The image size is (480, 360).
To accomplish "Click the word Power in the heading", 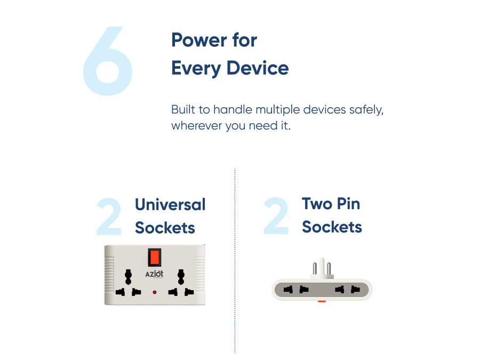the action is point(199,40).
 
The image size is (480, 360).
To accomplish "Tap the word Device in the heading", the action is point(258,68).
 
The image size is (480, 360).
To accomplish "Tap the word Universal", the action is point(170,204).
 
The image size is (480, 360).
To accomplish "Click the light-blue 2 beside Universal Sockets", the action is point(109,216).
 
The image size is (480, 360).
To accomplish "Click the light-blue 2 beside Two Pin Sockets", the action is point(276,215).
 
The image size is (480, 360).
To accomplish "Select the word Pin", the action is point(348,204).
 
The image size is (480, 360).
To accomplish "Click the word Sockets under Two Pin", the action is point(332,227).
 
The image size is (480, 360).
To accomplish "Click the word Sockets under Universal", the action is point(165,228).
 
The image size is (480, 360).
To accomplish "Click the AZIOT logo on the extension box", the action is point(154,274).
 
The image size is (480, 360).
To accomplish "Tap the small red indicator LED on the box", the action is point(155,292).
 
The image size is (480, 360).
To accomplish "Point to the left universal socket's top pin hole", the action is point(128,277).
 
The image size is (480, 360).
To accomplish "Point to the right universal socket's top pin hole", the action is point(181,277).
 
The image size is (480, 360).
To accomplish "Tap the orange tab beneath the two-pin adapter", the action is point(322,301).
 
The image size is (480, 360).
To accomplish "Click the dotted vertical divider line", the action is point(235,261).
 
